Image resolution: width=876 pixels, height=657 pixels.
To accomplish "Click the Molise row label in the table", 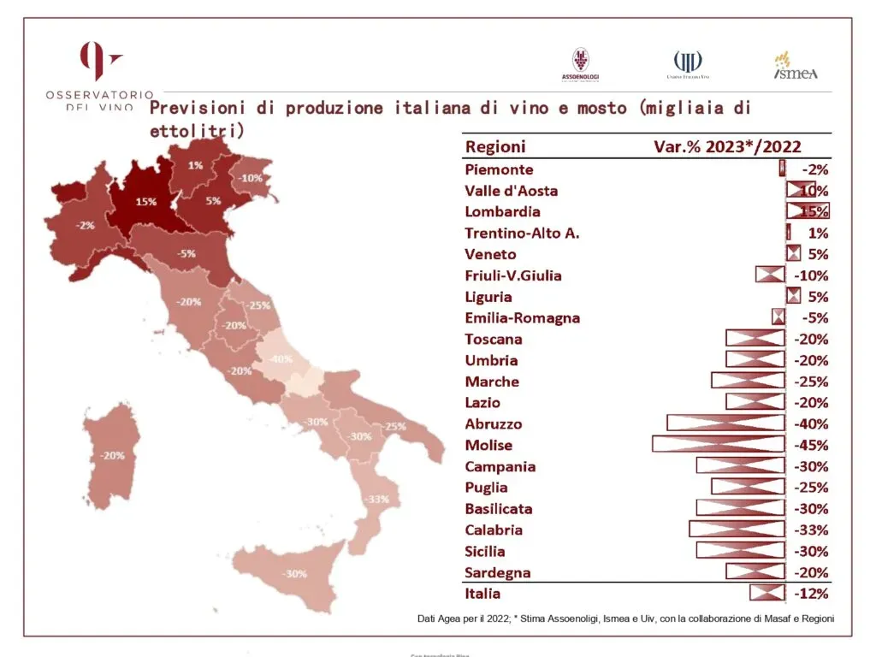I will (488, 445).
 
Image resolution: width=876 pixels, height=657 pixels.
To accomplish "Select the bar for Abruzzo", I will (725, 423).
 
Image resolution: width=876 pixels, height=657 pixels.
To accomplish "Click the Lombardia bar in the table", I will (808, 211).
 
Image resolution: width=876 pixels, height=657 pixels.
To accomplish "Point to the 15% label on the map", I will (145, 202).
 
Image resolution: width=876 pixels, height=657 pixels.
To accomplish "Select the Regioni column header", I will (495, 146).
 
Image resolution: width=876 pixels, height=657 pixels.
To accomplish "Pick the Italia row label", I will (482, 594).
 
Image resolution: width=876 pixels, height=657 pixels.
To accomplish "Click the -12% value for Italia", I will (811, 594).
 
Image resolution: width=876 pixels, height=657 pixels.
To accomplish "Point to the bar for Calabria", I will (737, 530).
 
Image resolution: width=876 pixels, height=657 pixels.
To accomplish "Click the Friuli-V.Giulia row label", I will (513, 275).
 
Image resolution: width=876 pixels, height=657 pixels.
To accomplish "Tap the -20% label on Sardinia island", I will (112, 455).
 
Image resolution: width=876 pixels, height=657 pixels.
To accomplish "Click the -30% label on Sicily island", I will (295, 574).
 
